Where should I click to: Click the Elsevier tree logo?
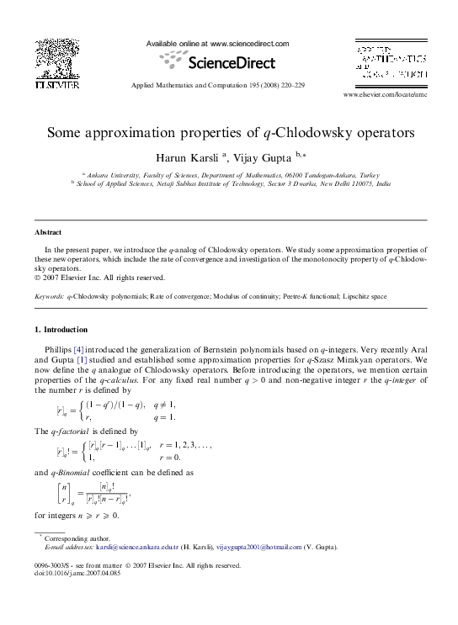56,60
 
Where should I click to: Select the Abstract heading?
48,231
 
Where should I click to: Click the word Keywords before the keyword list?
49,297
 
